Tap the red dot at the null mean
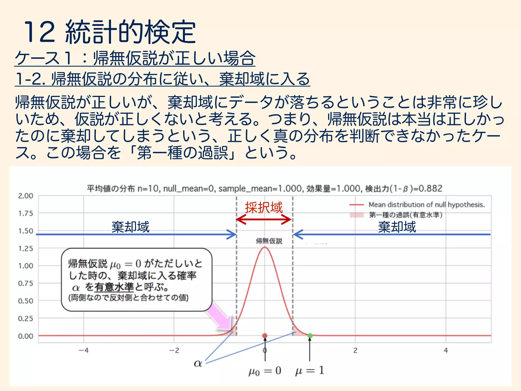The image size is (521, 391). point(265,336)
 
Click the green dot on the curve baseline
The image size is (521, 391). point(310,336)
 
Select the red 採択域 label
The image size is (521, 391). point(264,207)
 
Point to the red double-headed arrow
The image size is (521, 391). point(264,219)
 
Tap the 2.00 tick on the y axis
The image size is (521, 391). point(25,196)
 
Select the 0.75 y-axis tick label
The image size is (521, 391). point(25,283)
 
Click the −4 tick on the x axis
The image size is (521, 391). point(83,351)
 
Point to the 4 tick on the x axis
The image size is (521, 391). point(446,351)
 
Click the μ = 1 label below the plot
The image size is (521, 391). point(310,370)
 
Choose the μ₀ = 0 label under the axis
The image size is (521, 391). point(265,371)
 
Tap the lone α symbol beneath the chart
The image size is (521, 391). point(198,363)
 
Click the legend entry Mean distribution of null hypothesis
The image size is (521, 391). point(427,205)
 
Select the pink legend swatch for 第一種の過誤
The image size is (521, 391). point(356,215)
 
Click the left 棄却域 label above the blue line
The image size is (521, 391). point(131,227)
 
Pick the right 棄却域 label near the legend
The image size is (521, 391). point(397,227)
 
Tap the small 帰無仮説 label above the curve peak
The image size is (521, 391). point(269,241)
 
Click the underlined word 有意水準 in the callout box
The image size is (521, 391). point(114,287)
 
